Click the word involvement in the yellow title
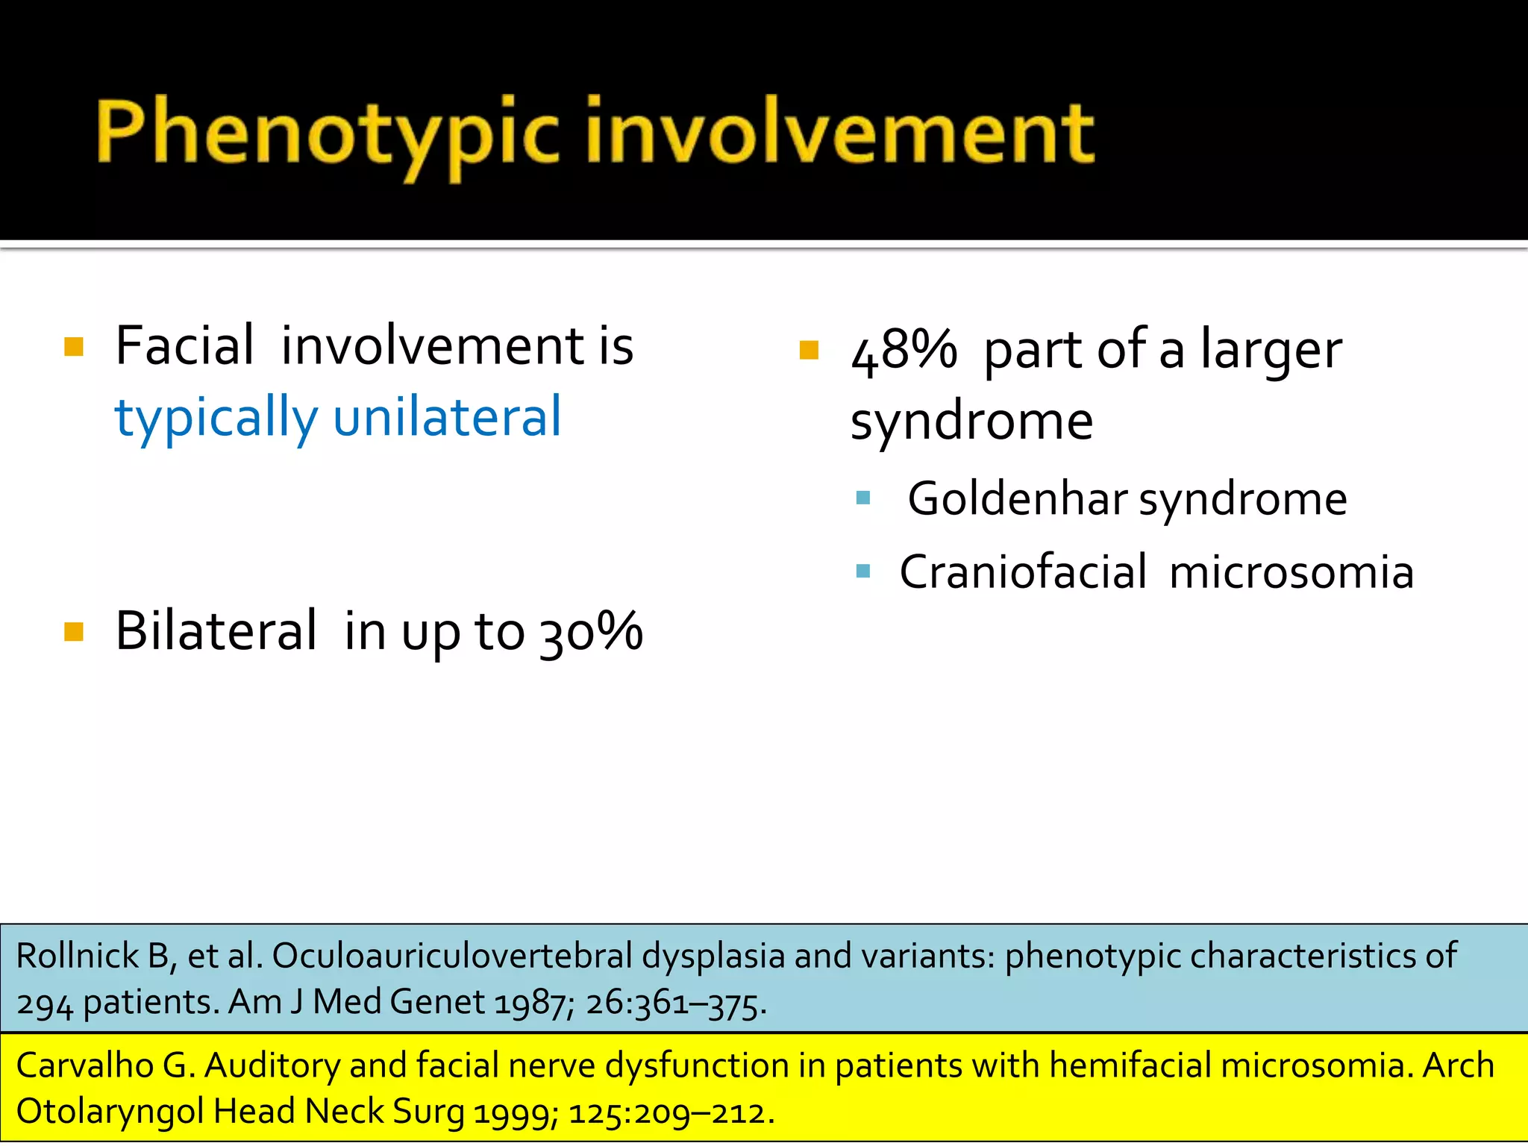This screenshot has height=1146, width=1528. tap(839, 133)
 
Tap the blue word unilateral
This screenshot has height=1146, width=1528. tap(447, 417)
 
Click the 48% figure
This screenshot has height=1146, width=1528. tap(904, 350)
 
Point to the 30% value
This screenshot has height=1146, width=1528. tap(591, 633)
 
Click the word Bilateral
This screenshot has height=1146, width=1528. tap(216, 631)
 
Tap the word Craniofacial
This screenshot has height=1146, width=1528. tap(1023, 572)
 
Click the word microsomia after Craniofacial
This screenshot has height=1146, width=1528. tap(1291, 572)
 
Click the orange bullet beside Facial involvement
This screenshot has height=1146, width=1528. tap(74, 347)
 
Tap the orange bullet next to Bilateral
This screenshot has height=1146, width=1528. tap(74, 632)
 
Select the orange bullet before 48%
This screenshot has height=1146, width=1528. tap(809, 350)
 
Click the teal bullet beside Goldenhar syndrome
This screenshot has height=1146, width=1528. tap(863, 498)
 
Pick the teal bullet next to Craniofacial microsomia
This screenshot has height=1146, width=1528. tap(863, 572)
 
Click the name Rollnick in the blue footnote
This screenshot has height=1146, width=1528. tap(78, 956)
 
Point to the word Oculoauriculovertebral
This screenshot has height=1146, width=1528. tap(452, 956)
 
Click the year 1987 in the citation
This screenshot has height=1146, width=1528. tap(530, 1003)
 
